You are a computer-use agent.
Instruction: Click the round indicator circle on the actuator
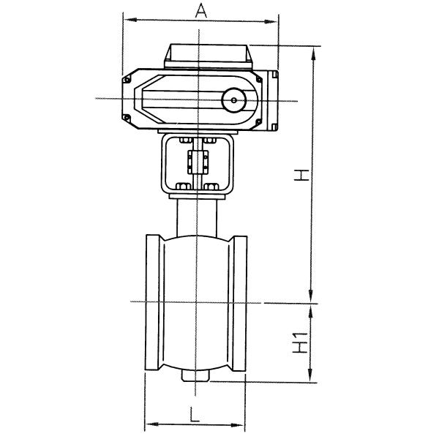235,100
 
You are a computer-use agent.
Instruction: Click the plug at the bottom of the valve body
195,376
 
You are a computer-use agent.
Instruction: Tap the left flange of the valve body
154,302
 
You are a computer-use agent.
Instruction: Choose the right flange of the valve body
241,302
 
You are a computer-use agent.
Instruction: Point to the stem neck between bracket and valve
196,215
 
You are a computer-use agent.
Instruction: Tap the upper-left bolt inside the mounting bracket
183,141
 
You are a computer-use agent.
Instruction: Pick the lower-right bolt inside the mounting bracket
212,185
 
